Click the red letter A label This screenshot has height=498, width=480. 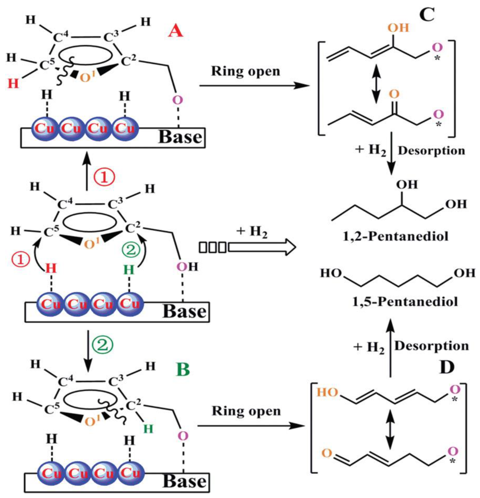pyautogui.click(x=175, y=33)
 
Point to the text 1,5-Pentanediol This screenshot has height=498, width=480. pyautogui.click(x=405, y=302)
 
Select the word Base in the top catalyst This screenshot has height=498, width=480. pyautogui.click(x=180, y=137)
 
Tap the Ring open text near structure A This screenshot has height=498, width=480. pyautogui.click(x=245, y=72)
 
